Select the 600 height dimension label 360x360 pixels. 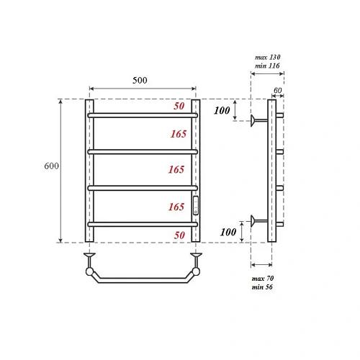point(51,166)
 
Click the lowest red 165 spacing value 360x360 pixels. point(177,207)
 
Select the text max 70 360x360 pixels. point(262,278)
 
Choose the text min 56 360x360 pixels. point(262,287)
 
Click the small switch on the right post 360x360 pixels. point(195,206)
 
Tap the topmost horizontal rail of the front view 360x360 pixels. point(142,114)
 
